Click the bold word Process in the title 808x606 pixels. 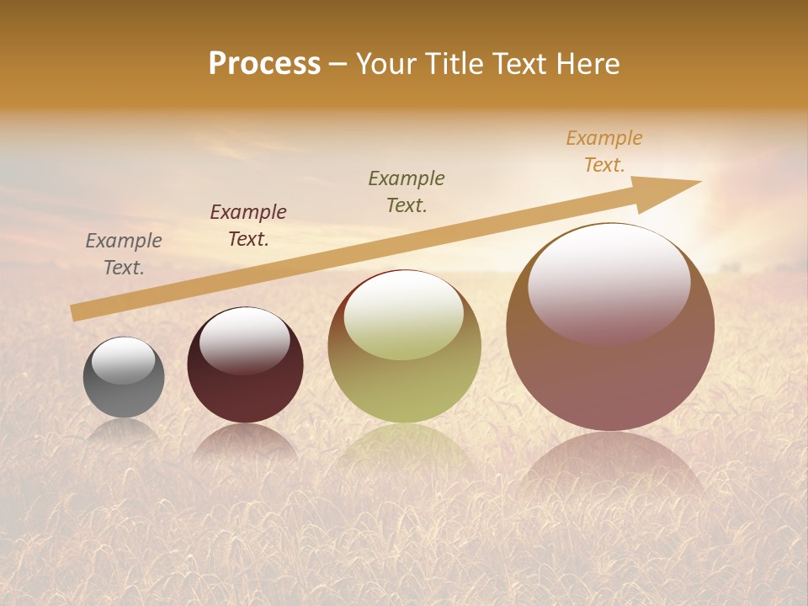[264, 64]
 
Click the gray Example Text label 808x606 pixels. [124, 254]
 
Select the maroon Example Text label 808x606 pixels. [248, 226]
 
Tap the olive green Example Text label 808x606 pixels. [407, 191]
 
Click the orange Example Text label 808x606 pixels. [604, 151]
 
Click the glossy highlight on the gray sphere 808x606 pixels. [124, 360]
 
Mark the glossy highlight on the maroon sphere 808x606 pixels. [245, 339]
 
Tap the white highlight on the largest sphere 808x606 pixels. [609, 284]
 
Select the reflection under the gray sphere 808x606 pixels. [124, 431]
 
